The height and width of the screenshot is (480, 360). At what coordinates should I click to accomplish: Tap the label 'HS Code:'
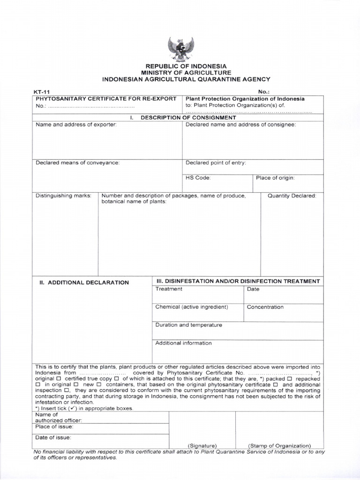198,178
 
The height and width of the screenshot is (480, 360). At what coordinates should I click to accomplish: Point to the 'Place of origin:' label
275,178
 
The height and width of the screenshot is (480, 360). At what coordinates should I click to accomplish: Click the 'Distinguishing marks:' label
64,195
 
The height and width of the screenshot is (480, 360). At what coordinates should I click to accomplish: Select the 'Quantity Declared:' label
292,195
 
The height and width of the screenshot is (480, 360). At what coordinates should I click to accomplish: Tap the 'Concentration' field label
265,307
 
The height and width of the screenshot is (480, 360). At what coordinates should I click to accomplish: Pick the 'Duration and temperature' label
188,325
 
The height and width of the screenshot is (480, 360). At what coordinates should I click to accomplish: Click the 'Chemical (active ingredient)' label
192,307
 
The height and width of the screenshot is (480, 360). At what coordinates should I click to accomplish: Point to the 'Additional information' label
183,343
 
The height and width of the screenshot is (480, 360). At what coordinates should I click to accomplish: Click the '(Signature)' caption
202,445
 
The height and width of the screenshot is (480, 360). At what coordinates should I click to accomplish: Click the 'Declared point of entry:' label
216,163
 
